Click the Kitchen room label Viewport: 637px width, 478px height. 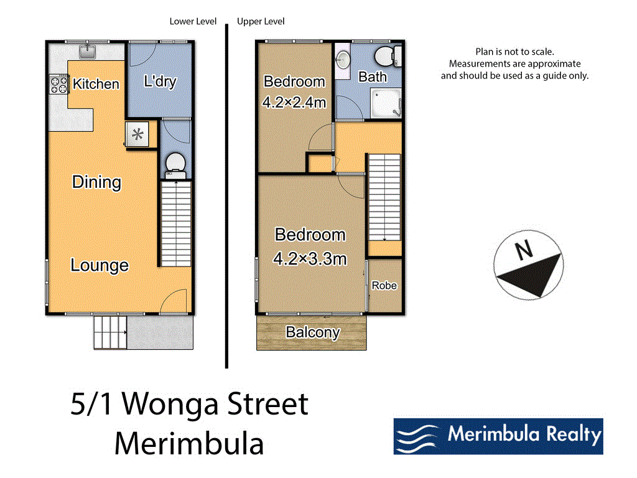click(96, 83)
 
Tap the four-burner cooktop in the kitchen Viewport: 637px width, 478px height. click(58, 84)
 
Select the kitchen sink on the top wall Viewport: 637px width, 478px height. click(89, 49)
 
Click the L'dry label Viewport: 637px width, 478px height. click(160, 82)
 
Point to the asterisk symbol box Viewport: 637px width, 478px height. click(137, 134)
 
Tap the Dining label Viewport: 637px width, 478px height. click(96, 182)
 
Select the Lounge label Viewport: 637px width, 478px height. click(100, 265)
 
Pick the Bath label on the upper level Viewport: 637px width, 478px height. click(373, 77)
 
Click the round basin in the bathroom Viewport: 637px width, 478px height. click(343, 60)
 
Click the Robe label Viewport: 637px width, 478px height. click(384, 286)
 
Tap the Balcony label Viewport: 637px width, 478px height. click(312, 332)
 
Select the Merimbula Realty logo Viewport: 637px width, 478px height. click(498, 436)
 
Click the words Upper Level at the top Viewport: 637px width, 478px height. click(261, 22)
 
